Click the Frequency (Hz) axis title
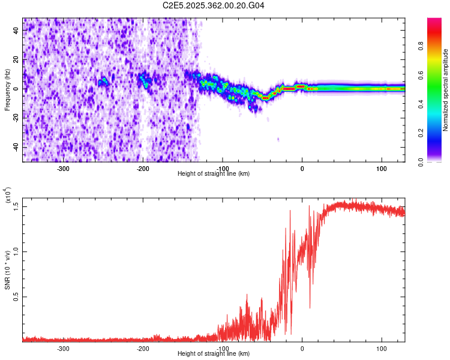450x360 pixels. [x=7, y=89]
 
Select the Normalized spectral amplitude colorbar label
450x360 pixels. [x=445, y=90]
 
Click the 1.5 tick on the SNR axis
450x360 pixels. [x=16, y=206]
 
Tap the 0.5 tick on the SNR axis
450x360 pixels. [x=16, y=296]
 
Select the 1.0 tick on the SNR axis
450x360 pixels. [x=16, y=251]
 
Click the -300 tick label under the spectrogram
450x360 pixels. [x=63, y=169]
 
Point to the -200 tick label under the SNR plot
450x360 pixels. [x=143, y=348]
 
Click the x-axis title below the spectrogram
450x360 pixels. [x=214, y=174]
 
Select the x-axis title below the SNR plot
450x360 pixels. [x=214, y=353]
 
